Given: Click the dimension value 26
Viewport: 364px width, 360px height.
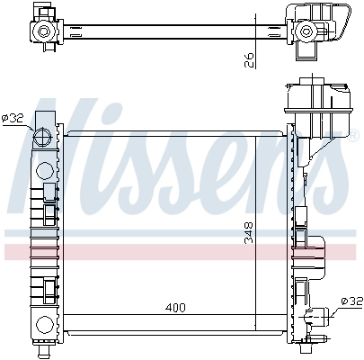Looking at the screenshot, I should click(x=250, y=59).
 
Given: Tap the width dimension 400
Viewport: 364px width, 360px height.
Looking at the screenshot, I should click(x=175, y=308).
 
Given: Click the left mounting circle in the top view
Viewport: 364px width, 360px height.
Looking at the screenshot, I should click(x=41, y=32).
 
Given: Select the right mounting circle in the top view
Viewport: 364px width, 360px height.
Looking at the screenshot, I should click(x=306, y=32).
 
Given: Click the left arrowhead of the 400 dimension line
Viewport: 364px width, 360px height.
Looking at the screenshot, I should click(x=69, y=315).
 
